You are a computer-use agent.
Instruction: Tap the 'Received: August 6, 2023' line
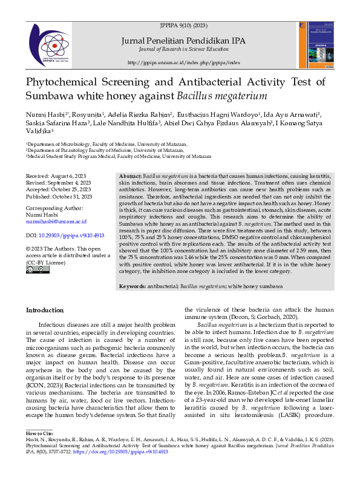59,175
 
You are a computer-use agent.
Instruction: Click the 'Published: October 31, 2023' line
59,197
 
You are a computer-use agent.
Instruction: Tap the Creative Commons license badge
33,270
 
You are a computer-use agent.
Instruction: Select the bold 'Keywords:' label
133,286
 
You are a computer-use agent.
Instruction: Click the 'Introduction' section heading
44,310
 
